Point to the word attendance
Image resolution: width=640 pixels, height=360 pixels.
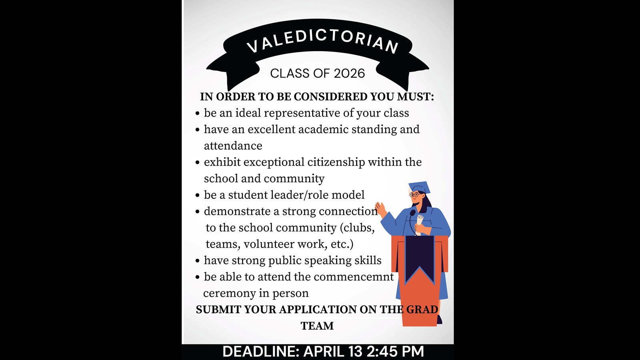tap(233, 146)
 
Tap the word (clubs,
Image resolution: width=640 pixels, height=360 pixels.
tap(357, 228)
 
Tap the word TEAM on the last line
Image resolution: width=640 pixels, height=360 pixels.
tap(317, 326)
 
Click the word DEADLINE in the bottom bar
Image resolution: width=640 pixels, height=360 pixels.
tap(260, 352)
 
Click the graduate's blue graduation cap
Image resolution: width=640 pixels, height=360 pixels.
tap(420, 188)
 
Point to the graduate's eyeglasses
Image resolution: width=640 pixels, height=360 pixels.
tap(414, 195)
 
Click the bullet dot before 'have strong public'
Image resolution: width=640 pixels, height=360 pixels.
tap(198, 261)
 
